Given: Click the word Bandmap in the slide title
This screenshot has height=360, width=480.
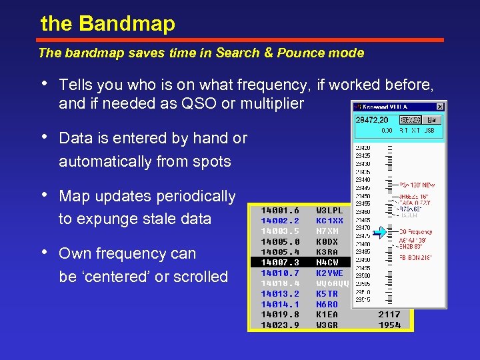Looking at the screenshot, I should [x=127, y=24].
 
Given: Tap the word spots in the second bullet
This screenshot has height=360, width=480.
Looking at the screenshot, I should [x=211, y=161].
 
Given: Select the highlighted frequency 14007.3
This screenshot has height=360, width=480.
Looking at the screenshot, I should [x=280, y=263].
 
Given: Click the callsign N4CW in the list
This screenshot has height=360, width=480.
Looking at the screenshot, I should [x=327, y=263].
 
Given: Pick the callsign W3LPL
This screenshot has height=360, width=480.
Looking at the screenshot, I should [x=329, y=211].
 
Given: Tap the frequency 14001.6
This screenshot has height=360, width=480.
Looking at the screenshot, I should [x=280, y=211].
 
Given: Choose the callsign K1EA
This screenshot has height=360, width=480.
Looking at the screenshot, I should [x=327, y=315].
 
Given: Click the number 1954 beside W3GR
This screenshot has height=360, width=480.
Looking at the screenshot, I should [x=389, y=325].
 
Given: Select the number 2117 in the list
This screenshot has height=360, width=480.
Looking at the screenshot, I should [x=389, y=315].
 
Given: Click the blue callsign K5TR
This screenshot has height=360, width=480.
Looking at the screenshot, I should [x=327, y=294].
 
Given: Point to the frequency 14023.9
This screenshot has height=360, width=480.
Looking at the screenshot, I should [x=280, y=325].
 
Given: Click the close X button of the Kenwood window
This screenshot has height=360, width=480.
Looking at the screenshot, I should [x=440, y=107].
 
